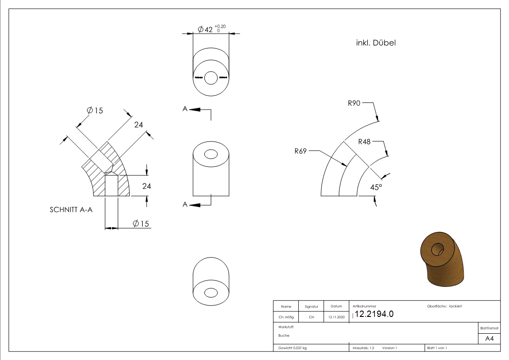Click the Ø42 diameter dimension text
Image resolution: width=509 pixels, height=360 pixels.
(206, 30)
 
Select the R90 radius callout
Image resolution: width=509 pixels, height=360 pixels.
(354, 103)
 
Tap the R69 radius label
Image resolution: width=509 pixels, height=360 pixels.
(301, 151)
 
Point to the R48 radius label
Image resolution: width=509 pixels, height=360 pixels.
(364, 141)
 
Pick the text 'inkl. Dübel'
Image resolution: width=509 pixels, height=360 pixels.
(376, 43)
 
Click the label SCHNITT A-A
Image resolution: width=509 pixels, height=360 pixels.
(71, 210)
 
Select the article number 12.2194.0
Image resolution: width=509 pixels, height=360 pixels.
(374, 314)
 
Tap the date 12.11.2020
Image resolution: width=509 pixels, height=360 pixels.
(336, 317)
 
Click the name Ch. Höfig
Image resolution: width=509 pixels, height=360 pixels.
(286, 317)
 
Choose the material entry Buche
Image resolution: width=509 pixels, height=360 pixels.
(284, 336)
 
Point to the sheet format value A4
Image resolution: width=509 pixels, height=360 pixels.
(490, 339)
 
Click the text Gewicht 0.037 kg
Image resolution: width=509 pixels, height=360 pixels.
(292, 348)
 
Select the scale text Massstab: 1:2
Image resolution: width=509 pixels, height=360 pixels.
(364, 348)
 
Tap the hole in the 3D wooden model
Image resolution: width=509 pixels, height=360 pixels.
(437, 249)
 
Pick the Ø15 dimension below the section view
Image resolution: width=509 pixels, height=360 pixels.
(141, 224)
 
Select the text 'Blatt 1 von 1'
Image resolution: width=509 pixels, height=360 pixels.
(437, 348)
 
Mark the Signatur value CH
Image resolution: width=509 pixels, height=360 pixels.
(311, 317)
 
